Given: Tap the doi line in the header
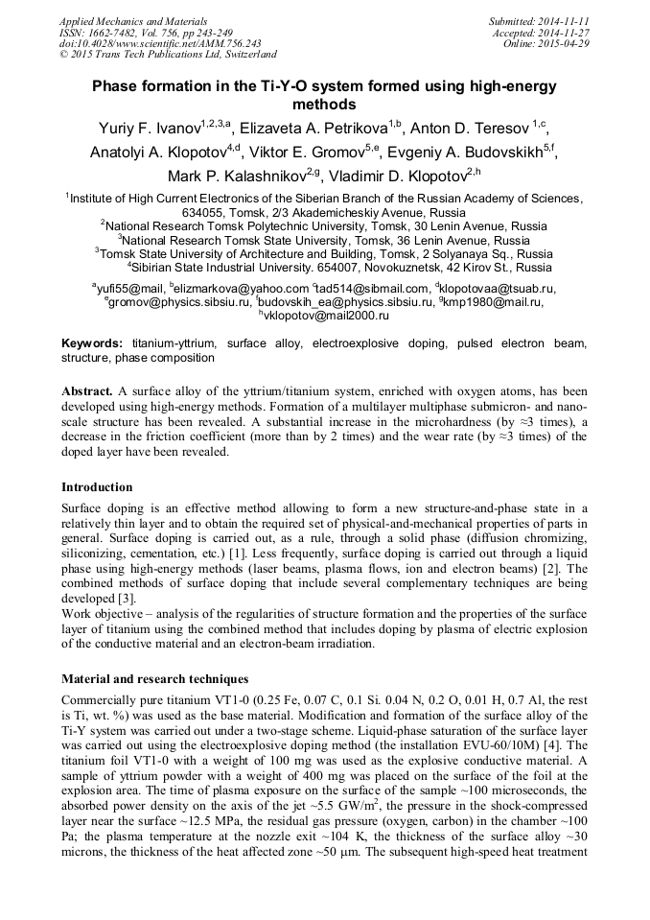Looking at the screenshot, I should pos(133,43).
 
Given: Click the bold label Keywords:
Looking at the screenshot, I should pos(92,342).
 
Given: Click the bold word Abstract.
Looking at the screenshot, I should pos(86,393).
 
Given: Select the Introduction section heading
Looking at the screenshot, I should pos(97,486).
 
